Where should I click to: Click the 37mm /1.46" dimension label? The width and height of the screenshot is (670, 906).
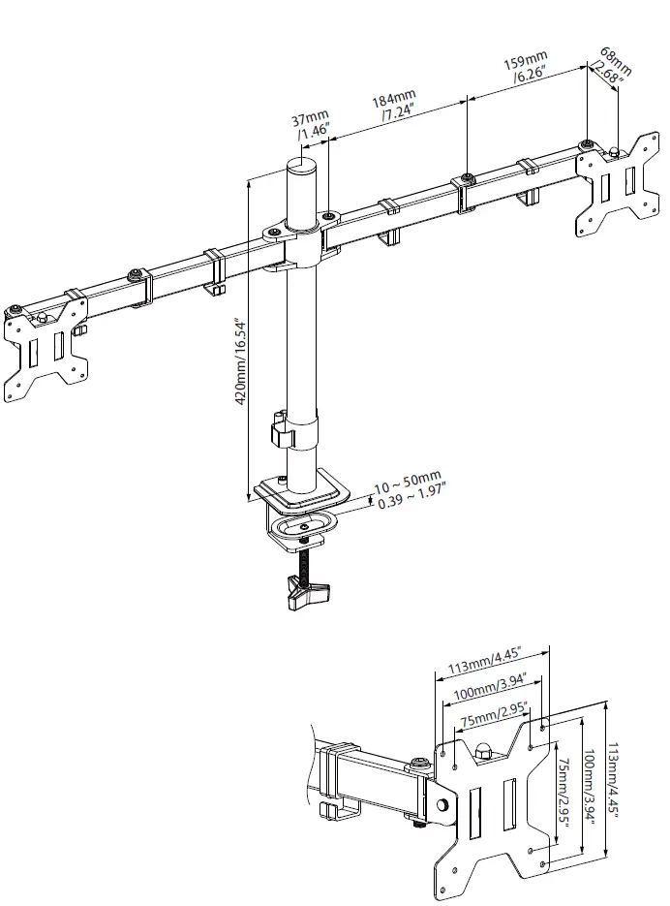(312, 125)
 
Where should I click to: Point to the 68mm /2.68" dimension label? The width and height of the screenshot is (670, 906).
(612, 66)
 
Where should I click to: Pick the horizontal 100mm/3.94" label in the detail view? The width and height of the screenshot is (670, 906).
(488, 690)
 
